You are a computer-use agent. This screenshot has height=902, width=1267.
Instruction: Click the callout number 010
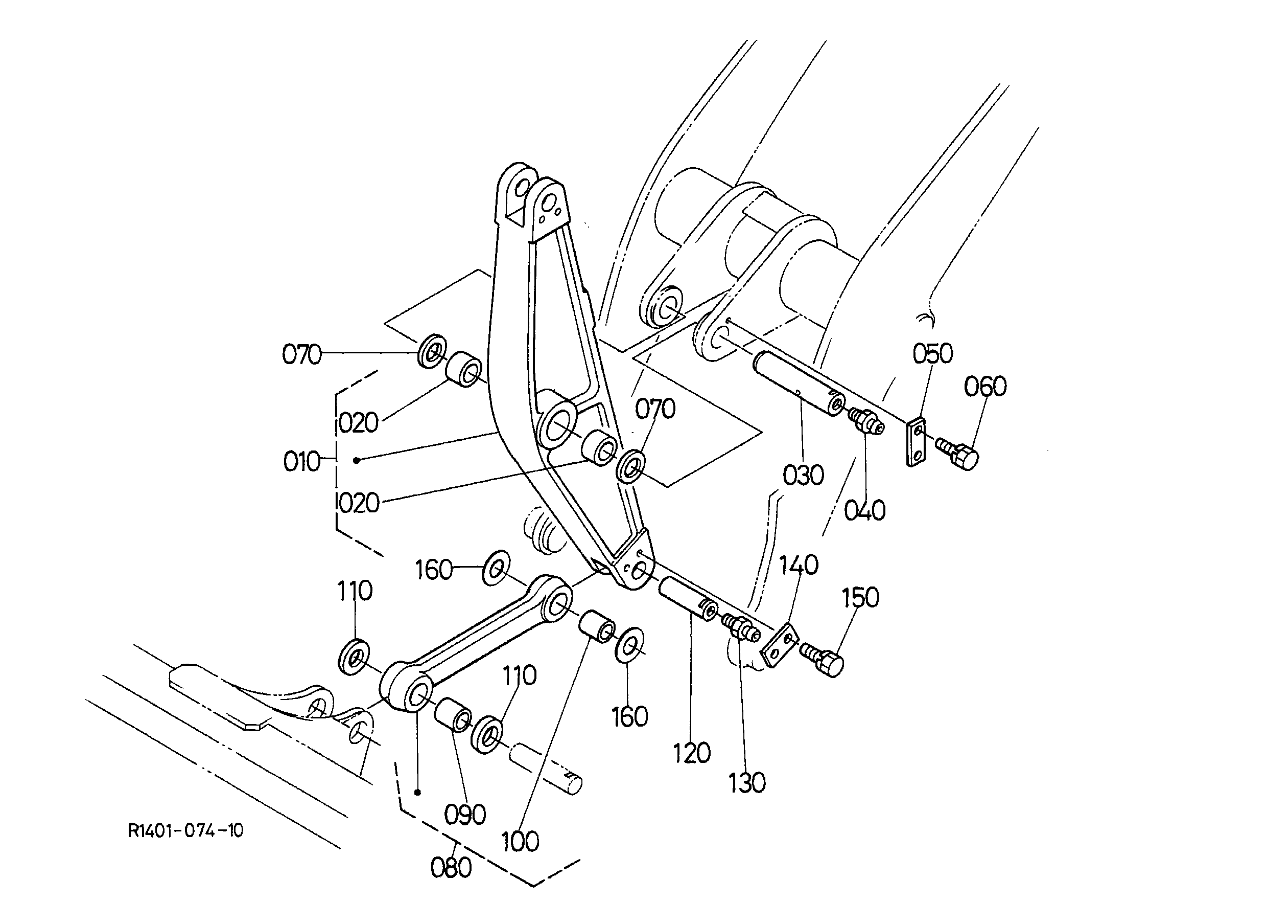(x=302, y=462)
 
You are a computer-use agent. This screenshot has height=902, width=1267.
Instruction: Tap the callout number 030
(x=803, y=475)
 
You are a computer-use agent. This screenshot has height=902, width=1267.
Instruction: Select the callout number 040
(x=864, y=510)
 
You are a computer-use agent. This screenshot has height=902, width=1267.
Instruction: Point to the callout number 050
(x=933, y=353)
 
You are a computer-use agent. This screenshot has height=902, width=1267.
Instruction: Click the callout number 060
(x=985, y=387)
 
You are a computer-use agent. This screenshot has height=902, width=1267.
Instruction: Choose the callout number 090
(x=465, y=815)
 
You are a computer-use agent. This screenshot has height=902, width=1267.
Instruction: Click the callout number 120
(x=692, y=753)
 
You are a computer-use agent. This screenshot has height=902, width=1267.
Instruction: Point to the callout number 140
(x=799, y=565)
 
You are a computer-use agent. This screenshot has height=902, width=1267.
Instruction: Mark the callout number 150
(x=861, y=598)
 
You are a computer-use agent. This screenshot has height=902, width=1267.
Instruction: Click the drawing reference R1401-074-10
(x=185, y=831)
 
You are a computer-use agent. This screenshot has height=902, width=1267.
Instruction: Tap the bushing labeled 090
(x=453, y=716)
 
